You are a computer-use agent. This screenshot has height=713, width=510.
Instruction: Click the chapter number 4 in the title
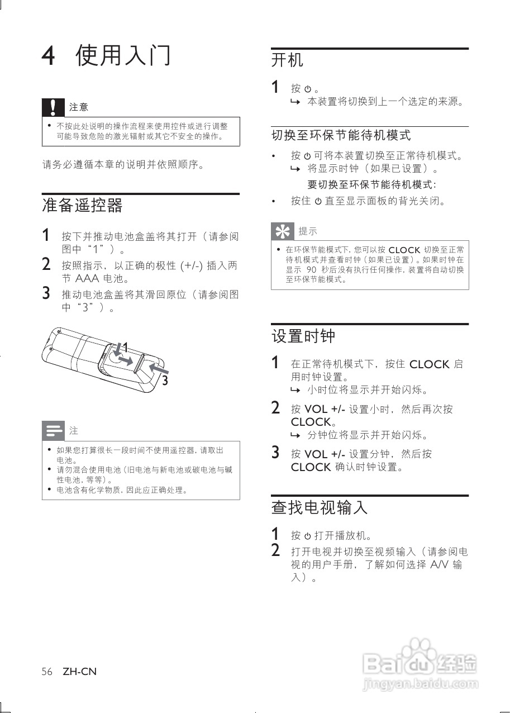point(49,56)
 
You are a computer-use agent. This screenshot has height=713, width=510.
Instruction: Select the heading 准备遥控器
point(82,206)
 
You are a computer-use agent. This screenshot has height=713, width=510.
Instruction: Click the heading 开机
point(287,60)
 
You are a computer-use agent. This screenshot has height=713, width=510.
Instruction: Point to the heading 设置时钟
point(303,336)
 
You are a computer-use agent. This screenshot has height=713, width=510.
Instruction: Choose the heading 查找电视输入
point(320,507)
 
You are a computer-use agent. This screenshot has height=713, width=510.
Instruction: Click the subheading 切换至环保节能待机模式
point(341,135)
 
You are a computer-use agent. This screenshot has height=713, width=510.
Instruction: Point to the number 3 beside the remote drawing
point(165,381)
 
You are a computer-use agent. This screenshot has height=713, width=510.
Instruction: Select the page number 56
point(47,672)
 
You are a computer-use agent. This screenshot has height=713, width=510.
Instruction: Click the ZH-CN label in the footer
point(79,672)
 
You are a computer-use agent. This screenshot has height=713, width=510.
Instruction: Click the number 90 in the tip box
point(311,270)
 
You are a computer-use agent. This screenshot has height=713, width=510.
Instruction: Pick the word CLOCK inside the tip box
point(404,250)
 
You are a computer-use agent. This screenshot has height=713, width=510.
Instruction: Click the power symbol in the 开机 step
point(307,89)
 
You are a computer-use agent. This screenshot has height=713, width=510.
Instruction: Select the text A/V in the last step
point(441,564)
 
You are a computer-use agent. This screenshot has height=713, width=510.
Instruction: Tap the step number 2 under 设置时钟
point(275,408)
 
